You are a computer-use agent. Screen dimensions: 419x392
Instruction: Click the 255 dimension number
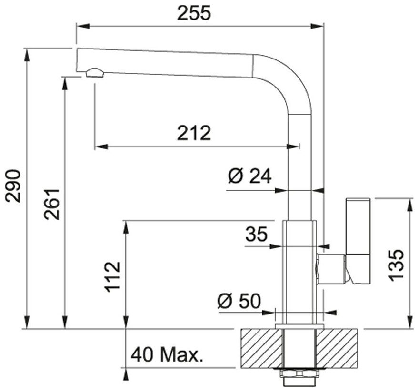[x=194, y=13]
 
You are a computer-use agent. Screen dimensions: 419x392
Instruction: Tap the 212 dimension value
[x=194, y=133]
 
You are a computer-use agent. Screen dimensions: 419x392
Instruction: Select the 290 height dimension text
[x=13, y=186]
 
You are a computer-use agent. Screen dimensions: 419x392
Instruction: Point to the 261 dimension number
[x=52, y=204]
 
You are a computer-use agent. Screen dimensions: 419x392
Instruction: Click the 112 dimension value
[x=112, y=277]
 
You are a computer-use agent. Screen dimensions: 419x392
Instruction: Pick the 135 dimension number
[x=396, y=265]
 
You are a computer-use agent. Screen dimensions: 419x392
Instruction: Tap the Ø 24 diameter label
[x=250, y=176]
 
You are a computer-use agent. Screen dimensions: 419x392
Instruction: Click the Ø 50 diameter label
[x=239, y=301]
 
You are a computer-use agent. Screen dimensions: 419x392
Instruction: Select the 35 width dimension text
[x=257, y=234]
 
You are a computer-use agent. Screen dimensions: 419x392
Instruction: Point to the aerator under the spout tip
[x=94, y=73]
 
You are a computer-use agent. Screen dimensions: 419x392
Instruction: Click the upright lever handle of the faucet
[x=358, y=241]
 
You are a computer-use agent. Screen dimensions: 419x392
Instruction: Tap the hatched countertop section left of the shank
[x=262, y=349]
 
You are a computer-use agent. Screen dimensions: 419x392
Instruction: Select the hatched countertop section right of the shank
[x=336, y=349]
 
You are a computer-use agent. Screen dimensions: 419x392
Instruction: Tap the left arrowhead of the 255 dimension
[x=82, y=26]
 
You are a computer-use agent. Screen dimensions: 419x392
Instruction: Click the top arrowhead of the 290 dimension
[x=27, y=55]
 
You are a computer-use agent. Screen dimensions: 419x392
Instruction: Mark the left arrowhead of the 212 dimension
[x=101, y=147]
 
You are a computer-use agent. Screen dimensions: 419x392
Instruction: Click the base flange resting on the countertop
[x=299, y=326]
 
